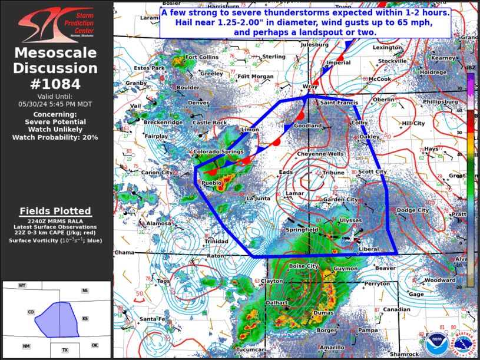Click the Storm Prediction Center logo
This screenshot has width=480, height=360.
point(56,24)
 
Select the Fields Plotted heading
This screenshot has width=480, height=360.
point(55,211)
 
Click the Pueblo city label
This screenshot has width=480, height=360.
point(212,183)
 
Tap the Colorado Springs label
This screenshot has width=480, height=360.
point(219,152)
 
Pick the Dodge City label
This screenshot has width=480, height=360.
point(413,210)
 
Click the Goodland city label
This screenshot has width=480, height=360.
point(308,126)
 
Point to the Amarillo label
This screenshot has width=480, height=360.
point(332,348)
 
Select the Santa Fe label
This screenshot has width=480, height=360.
point(152,319)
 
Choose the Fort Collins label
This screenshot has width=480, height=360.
point(201,57)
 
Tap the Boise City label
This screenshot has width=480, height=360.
point(303,266)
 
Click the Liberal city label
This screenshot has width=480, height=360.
point(369,249)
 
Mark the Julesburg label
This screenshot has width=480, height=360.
point(314,45)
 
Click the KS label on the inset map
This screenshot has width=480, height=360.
point(85,319)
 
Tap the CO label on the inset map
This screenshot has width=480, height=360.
point(31,312)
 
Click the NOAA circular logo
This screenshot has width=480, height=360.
point(436,341)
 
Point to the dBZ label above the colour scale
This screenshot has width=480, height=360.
point(470,68)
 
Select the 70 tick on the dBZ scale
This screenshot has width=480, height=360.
point(460,89)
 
